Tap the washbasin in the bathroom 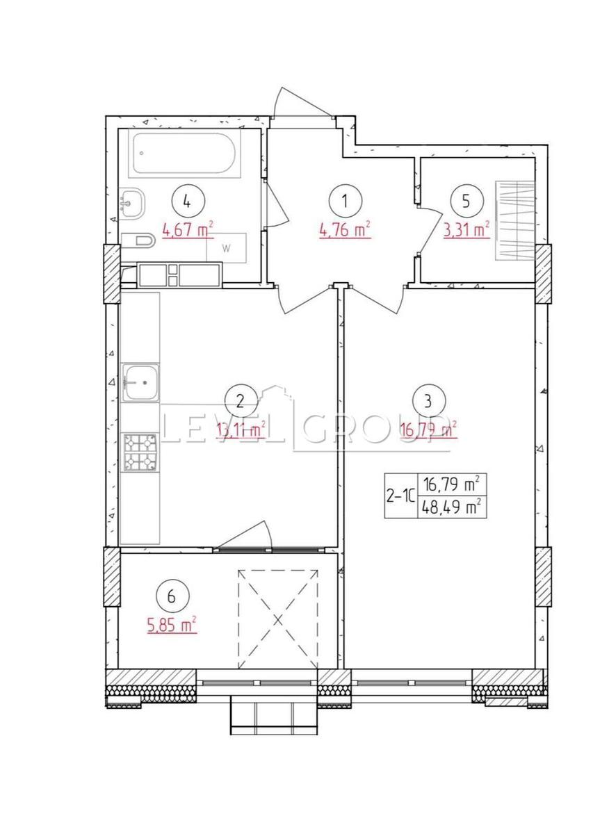(x=132, y=202)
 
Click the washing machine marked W (x=226, y=248)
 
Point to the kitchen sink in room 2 (x=140, y=382)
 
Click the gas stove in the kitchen (x=140, y=452)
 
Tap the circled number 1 (x=346, y=202)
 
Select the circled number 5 (x=466, y=201)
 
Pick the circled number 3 (x=428, y=402)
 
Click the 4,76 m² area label (x=345, y=230)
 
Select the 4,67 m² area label (x=187, y=230)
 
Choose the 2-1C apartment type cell (x=400, y=496)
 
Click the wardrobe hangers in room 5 (x=514, y=221)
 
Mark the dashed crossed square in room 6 (x=278, y=619)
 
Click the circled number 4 (x=188, y=202)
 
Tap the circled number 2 (x=241, y=402)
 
